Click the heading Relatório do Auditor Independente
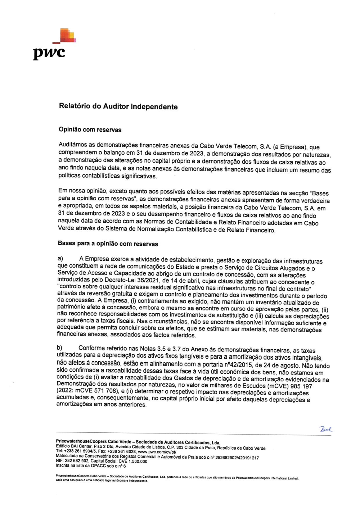point(118,106)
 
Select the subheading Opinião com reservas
point(90,129)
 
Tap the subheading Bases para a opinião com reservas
point(108,244)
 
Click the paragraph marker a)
point(60,258)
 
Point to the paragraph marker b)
point(59,347)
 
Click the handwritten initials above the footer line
point(325,429)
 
